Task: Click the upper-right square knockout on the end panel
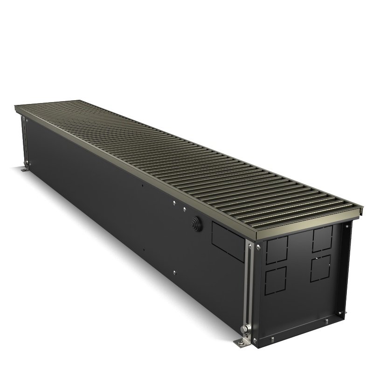(321, 238)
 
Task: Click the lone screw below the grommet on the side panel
(173, 272)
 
